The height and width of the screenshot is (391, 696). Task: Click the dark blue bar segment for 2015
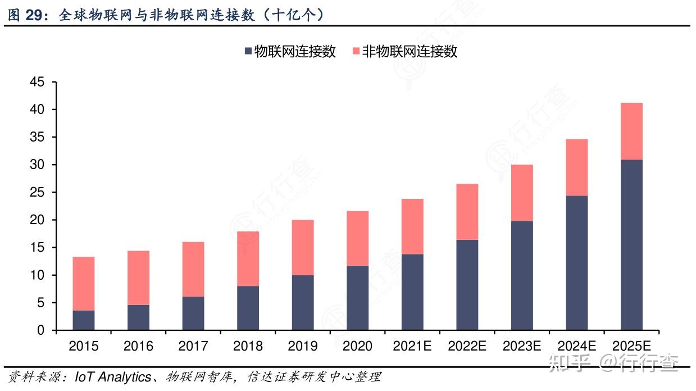84,320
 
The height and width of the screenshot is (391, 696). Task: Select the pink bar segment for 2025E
631,131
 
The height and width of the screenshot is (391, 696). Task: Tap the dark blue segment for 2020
357,298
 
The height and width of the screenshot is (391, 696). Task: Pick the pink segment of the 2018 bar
248,259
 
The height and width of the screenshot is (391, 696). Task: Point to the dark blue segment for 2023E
522,275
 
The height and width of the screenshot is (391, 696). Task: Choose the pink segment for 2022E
467,212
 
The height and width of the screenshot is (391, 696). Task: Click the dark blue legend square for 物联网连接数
248,52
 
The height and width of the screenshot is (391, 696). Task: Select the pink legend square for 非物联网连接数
355,52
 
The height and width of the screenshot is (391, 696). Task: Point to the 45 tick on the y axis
37,82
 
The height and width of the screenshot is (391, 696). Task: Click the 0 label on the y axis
40,330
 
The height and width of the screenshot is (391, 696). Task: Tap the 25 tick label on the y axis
37,193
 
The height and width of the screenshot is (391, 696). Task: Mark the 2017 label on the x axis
193,346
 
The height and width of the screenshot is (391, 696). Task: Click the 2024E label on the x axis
577,346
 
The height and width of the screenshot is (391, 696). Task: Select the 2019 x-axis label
302,346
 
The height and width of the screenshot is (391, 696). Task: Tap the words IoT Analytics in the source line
113,377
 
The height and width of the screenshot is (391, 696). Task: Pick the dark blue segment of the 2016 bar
138,317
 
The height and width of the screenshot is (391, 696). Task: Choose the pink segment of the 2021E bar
412,226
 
